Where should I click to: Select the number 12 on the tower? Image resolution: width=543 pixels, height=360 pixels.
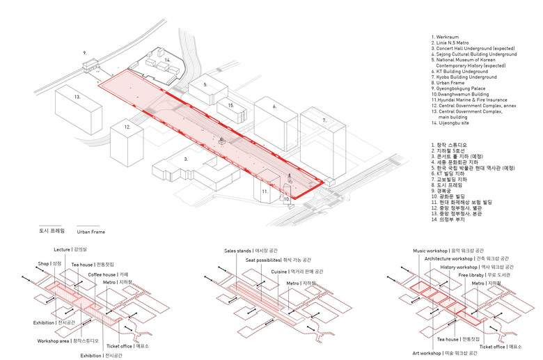127,127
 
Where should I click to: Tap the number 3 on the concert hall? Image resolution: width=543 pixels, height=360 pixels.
185,159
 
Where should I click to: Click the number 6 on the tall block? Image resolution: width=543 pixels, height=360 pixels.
274,107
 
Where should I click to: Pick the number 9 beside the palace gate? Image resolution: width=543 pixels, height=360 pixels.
84,52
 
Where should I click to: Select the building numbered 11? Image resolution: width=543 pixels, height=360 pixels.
264,189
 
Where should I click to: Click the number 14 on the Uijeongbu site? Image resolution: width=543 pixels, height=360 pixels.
167,61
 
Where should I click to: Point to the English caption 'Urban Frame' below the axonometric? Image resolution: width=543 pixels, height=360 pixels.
90,231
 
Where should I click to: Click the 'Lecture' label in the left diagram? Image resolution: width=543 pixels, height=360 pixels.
63,249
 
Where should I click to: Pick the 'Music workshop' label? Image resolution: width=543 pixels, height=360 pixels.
429,250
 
